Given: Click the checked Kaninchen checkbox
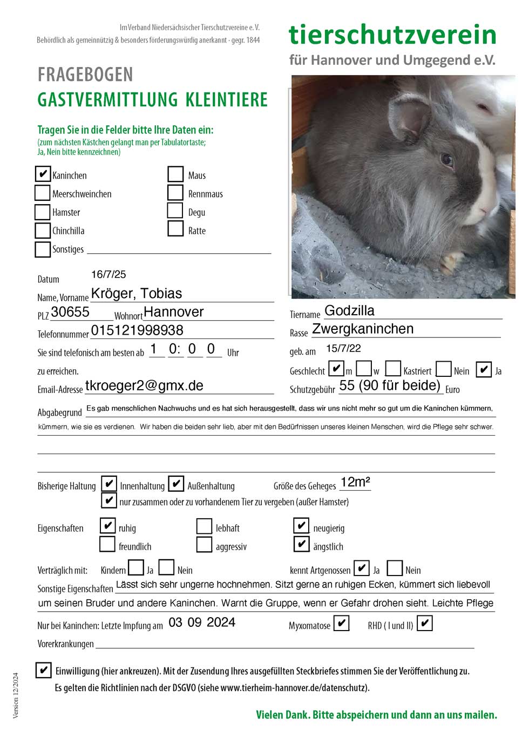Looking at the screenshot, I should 43,174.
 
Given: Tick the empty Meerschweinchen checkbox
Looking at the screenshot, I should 43,193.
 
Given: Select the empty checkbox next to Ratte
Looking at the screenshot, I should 175,228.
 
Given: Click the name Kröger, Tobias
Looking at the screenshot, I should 137,293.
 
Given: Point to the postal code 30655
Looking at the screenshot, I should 70,312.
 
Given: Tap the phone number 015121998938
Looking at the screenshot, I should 137,330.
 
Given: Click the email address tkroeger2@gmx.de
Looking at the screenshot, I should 144,385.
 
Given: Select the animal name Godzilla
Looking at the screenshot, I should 349,310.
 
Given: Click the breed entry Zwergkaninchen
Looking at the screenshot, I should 363,329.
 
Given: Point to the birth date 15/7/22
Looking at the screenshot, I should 343,348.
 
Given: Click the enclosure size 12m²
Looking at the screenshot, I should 355,482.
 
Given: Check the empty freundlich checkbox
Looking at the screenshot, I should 107,544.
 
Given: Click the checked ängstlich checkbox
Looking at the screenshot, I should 301,544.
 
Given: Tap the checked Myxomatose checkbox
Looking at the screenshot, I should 341,624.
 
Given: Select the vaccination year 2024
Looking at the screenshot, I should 221,622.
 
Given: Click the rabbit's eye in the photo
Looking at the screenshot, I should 447,159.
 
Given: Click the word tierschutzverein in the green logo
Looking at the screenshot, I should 392,35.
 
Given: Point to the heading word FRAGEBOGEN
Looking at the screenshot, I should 85,75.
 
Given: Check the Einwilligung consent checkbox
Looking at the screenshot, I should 43,670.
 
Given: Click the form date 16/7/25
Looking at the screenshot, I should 109,274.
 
